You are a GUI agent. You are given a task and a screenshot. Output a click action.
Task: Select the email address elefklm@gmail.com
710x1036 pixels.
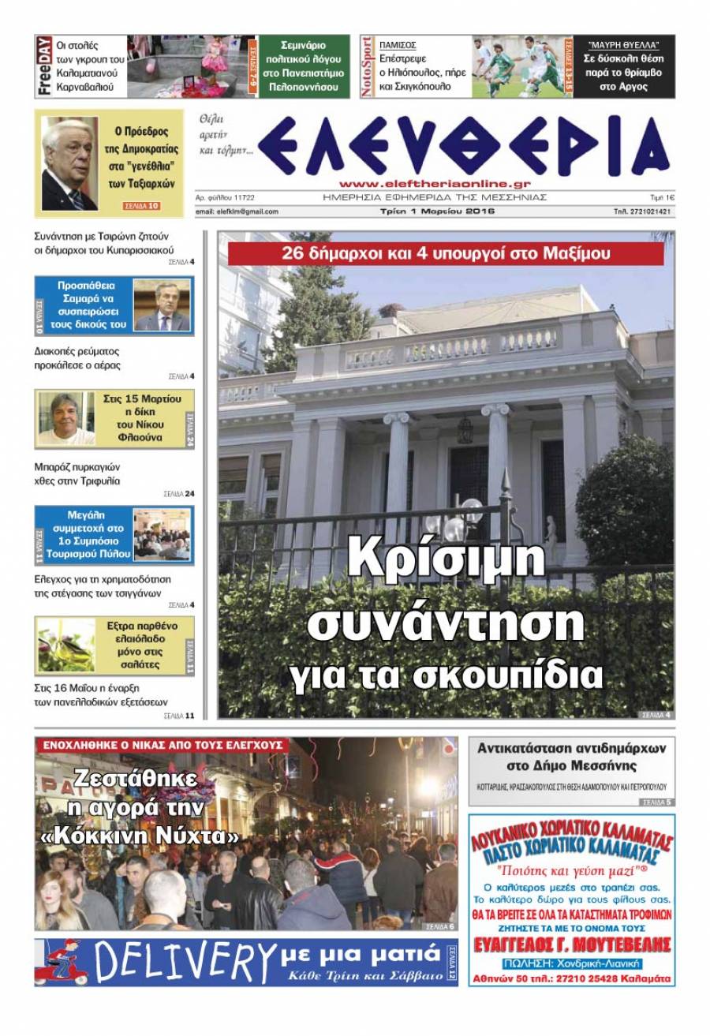click(x=237, y=211)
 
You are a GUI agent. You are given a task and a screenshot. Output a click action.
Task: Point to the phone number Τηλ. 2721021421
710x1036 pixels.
click(x=643, y=211)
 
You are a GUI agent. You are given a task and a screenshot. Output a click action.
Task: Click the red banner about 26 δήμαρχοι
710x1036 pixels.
click(x=446, y=254)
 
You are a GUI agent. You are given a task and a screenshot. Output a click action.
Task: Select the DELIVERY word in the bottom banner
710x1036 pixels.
click(x=185, y=962)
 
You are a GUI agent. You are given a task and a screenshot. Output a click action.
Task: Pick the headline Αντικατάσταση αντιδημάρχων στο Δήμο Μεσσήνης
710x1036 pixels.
click(x=571, y=756)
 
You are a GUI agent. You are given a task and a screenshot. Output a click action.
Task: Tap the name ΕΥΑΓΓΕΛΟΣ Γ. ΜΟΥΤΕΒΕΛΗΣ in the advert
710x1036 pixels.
click(x=571, y=945)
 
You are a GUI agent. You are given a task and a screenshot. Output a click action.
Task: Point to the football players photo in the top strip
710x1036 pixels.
click(x=521, y=66)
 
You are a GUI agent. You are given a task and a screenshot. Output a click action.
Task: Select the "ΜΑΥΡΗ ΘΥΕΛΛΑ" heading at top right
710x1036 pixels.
click(x=623, y=45)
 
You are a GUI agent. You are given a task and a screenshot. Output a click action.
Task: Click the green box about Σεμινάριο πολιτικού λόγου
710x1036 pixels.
click(x=304, y=66)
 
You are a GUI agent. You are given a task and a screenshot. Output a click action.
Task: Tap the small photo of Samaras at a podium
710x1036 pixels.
click(x=162, y=305)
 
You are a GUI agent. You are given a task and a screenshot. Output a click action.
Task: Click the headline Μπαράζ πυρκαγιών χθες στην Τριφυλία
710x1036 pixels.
click(x=77, y=473)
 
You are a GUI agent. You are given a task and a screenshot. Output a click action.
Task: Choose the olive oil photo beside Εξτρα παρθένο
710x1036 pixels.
click(x=65, y=645)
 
